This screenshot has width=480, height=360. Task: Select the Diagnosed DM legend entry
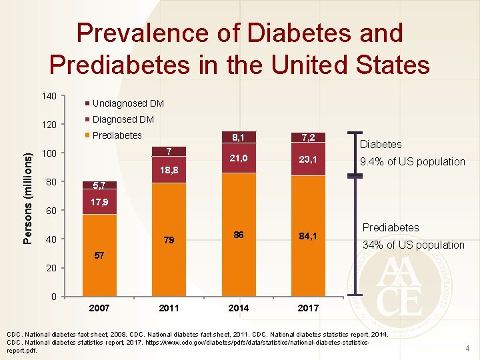coord(123,119)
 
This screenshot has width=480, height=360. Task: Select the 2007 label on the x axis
coord(99,308)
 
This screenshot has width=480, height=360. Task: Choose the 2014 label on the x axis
coord(238,308)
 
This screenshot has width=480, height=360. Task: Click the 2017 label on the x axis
coord(308,308)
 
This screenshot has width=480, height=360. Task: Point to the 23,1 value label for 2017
coord(308,160)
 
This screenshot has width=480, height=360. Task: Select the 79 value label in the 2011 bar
coord(169,240)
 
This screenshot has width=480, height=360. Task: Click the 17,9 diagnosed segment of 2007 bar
coord(99,202)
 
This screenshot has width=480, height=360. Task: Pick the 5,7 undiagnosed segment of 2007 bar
coord(99,185)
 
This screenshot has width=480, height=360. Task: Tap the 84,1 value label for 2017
coord(308,235)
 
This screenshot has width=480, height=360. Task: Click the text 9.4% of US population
coord(412,161)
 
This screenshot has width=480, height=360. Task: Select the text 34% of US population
coord(413,245)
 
